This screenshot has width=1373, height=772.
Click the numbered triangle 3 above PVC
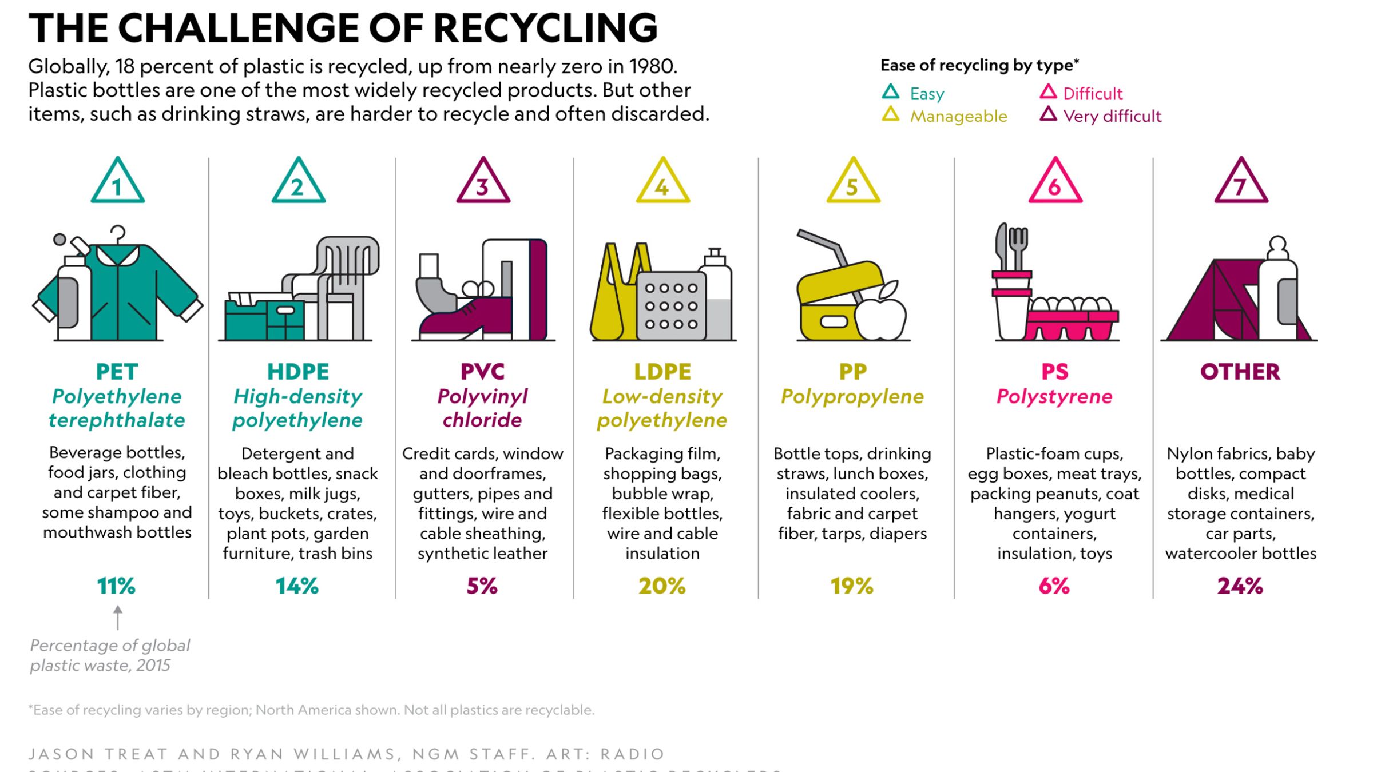coord(483,182)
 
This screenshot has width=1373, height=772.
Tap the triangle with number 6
coord(1055,182)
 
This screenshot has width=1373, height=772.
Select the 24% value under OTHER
coord(1240,586)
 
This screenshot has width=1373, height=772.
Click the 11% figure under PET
coord(116,586)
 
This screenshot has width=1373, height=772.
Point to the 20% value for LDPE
coord(662,586)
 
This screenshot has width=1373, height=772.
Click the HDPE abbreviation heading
coord(298,372)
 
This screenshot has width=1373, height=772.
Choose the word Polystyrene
coord(1054,396)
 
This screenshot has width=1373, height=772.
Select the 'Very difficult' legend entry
coord(1112,116)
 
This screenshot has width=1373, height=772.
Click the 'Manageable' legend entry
coord(958,116)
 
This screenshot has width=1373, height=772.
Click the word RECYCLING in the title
coord(545,27)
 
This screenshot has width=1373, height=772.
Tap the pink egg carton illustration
coord(1071,323)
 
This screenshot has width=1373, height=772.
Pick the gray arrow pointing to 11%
coord(118,618)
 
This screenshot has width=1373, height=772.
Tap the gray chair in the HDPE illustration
coord(343,286)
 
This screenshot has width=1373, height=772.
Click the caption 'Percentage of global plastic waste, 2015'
coord(110,655)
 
